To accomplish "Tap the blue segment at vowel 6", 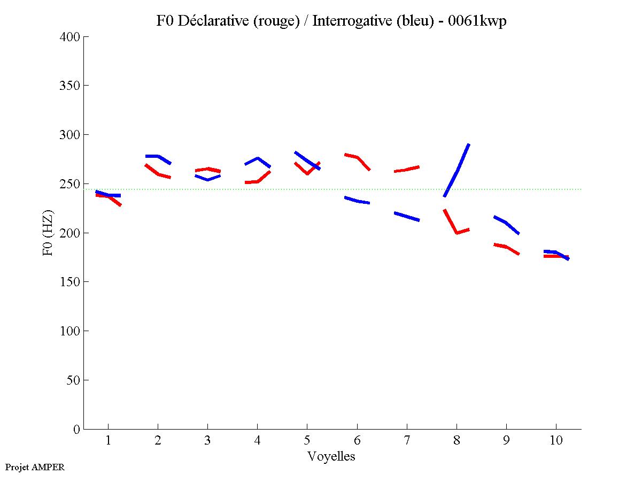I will coord(357,201).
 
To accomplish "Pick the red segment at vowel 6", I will coord(357,157).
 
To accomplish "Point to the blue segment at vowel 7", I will coord(406,217).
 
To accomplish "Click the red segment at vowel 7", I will coord(406,170).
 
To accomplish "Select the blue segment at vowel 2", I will coord(158,156).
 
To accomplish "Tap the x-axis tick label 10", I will coord(556,441).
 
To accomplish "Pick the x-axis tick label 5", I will coord(307,441).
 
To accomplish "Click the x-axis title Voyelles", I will coord(331,456).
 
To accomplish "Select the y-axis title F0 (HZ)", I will coord(49,233).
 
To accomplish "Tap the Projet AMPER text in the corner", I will coord(35,467).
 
